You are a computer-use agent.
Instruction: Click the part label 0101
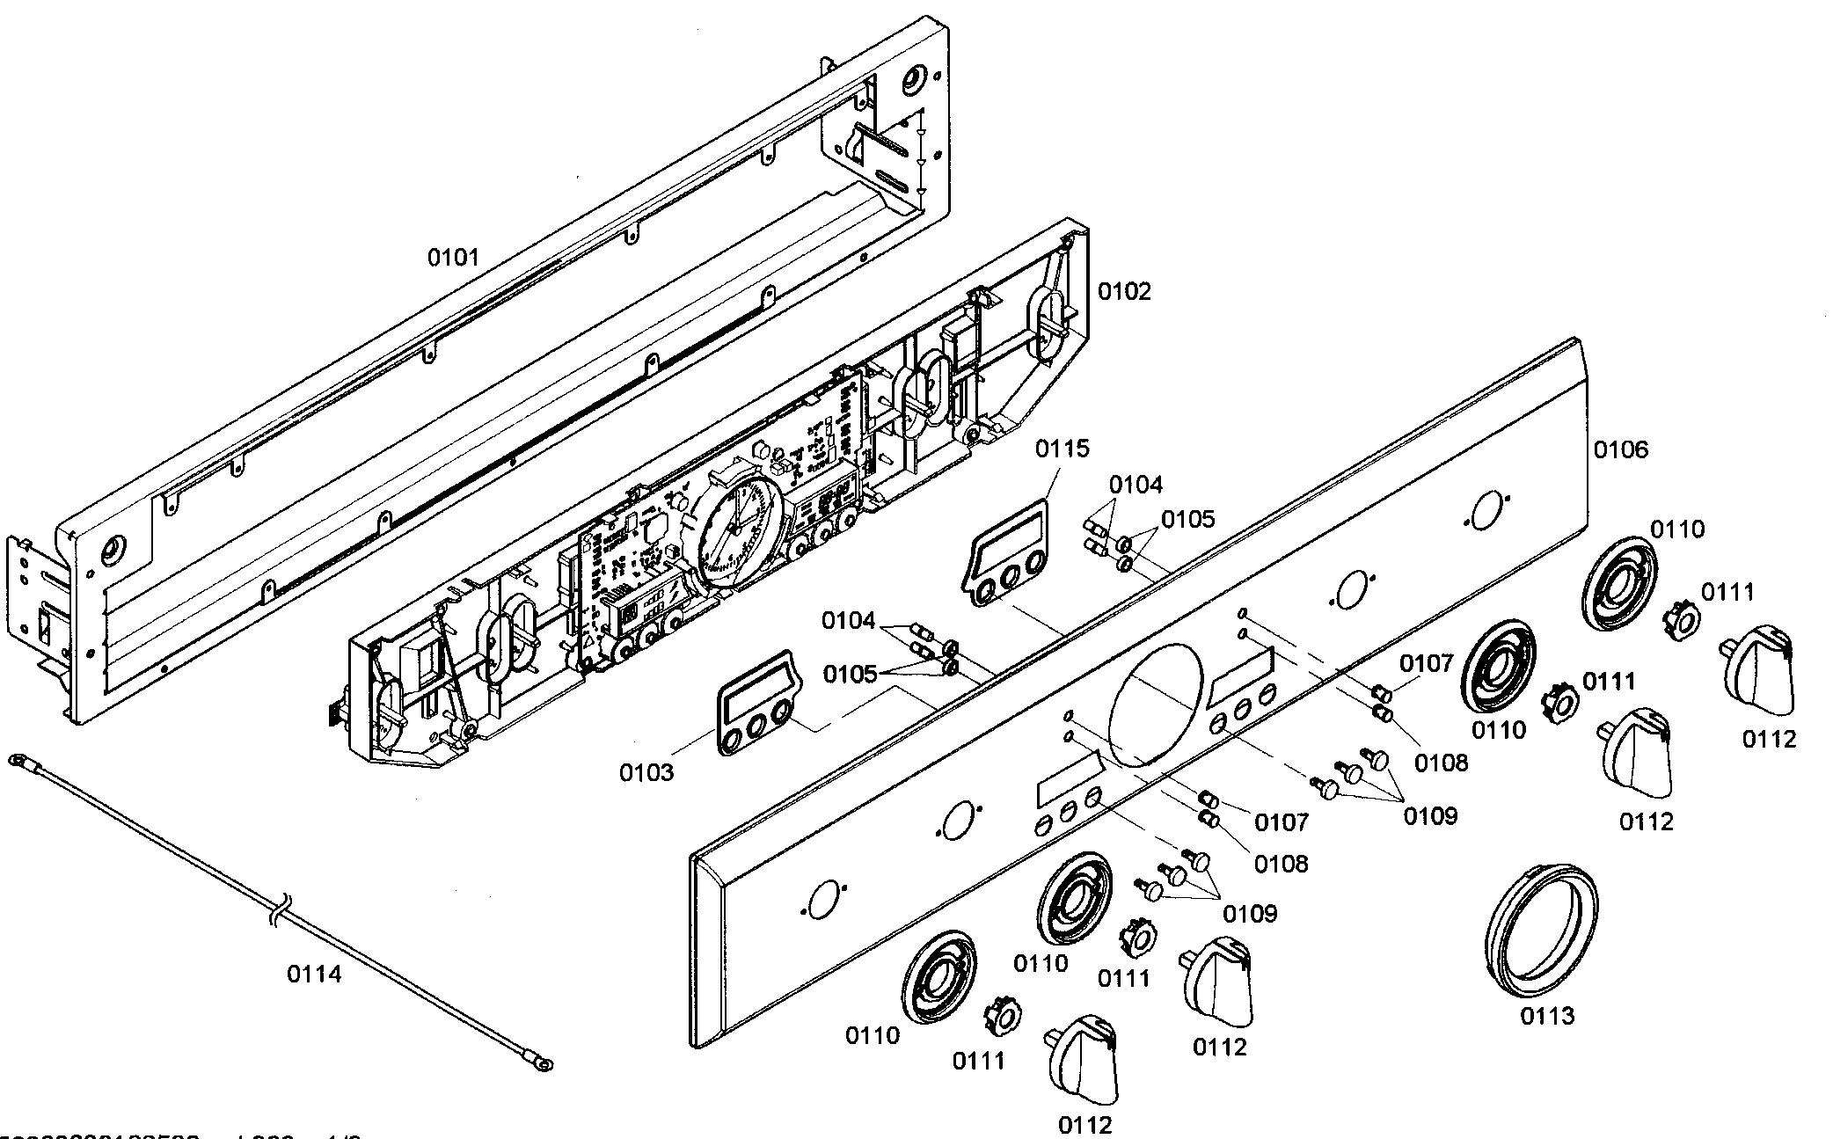pos(453,258)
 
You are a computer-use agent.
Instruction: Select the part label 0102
pos(1123,291)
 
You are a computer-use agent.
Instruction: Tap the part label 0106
pos(1620,450)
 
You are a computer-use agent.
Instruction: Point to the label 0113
pos(1547,1016)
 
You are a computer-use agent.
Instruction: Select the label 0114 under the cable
pos(314,974)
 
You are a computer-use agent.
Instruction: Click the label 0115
pos(1062,449)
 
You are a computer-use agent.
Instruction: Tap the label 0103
pos(646,772)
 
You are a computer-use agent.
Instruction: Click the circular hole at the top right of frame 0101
pos(912,80)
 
